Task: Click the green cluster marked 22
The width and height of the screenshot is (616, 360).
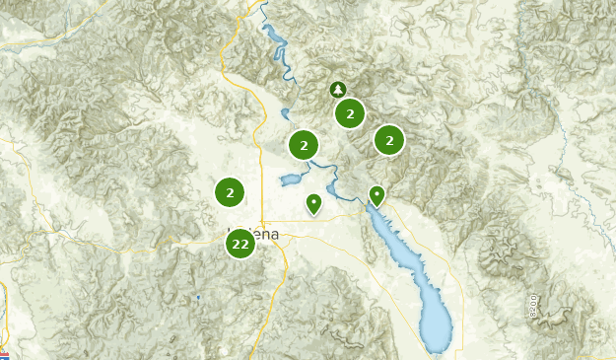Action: point(240,244)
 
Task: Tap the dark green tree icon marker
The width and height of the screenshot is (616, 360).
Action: point(338,90)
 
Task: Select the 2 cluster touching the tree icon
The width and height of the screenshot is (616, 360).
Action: point(350,113)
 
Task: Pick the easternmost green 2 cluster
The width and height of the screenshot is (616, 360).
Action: point(389,141)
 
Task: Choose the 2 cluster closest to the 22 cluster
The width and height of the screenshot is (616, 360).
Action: point(230,193)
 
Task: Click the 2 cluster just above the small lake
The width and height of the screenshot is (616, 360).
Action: point(305,146)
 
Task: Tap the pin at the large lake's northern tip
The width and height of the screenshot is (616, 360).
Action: point(376,195)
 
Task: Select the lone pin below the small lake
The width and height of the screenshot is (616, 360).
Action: point(313,204)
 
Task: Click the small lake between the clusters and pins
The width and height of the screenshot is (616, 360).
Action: point(291,180)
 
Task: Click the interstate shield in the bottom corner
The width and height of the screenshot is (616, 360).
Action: point(5,354)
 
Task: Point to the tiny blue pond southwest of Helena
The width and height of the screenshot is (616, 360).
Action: point(197,297)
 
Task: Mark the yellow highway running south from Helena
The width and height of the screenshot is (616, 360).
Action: point(260,316)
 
